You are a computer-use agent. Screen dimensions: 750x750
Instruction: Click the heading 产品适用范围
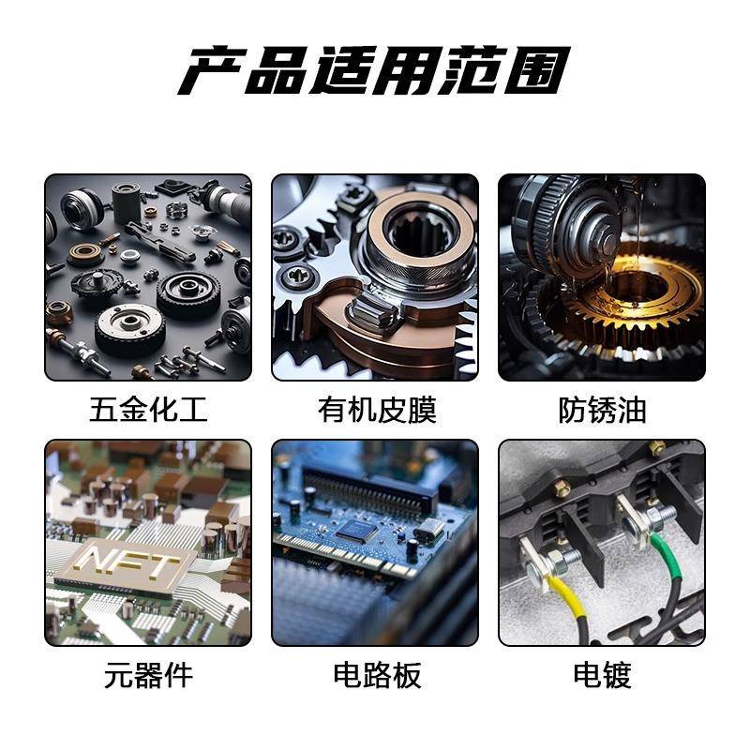point(374,71)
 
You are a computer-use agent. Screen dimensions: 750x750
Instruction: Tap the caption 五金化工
point(148,410)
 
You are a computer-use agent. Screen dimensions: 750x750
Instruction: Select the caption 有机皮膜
point(375,410)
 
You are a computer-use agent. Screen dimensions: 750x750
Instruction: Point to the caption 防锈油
point(602,410)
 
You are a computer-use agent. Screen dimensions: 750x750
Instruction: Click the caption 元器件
point(148,674)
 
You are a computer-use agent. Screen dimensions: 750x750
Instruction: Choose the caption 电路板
point(375,674)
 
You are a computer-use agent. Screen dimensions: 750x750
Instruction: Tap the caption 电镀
point(602,674)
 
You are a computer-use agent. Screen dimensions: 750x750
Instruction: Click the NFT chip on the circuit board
point(127,565)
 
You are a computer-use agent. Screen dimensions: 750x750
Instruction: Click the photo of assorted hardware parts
point(148,277)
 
